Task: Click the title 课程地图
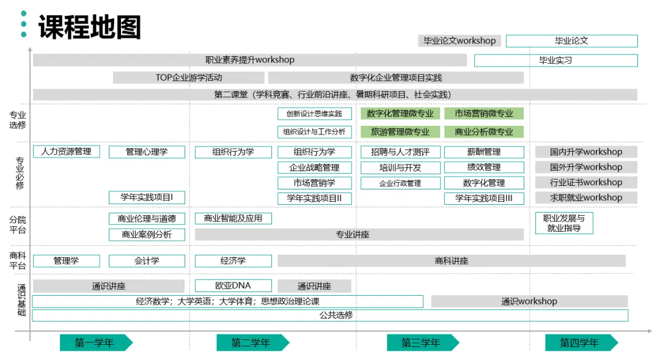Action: pos(90,28)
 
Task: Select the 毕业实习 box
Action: pos(555,61)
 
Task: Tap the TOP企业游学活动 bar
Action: pos(189,78)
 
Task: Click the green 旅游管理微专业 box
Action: pos(400,131)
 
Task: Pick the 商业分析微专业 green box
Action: pos(484,131)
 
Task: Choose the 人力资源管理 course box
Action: pos(66,152)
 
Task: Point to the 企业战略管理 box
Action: pos(315,167)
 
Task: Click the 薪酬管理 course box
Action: pos(484,152)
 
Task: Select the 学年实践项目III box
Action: pos(484,198)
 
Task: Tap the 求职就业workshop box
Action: pos(586,198)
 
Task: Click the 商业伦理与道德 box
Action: pos(147,219)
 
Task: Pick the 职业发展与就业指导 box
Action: pos(564,223)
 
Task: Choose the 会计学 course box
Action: pos(147,261)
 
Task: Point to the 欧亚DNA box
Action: pos(233,285)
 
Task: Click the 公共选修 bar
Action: pos(330,315)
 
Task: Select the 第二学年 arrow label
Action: pos(251,343)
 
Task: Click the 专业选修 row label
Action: pos(18,120)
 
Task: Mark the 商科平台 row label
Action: pos(18,261)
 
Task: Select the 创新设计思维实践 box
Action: pos(315,114)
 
